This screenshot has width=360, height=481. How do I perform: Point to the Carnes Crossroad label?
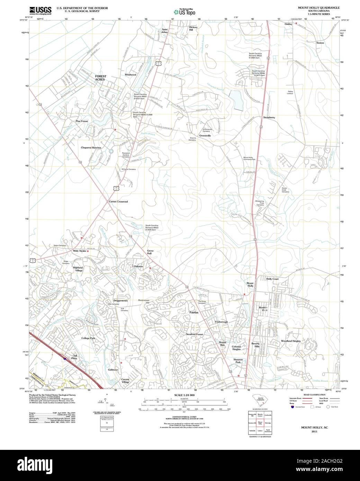(118, 201)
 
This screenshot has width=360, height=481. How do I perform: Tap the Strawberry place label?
(269, 118)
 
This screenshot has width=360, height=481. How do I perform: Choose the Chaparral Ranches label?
(91, 148)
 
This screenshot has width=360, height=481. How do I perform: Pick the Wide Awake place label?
(80, 251)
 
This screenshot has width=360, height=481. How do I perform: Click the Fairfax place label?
(194, 312)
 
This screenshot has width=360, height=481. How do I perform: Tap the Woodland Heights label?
(291, 341)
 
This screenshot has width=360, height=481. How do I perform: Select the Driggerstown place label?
(120, 301)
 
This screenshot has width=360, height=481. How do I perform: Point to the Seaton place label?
(320, 43)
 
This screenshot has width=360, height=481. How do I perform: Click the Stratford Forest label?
(195, 335)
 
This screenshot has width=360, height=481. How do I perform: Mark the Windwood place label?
(130, 75)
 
